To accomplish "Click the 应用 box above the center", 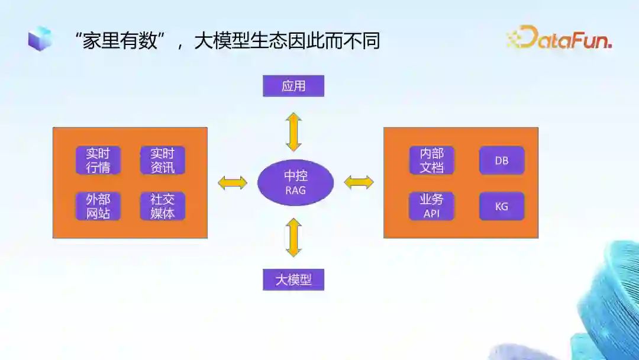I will click(x=293, y=86).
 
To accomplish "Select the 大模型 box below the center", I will click(x=293, y=279).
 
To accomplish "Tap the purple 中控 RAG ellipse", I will click(x=296, y=182).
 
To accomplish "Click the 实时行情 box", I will click(x=98, y=160).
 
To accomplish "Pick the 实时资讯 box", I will click(x=163, y=160).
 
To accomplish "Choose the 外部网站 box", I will click(x=98, y=206).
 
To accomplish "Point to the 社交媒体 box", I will click(x=163, y=206).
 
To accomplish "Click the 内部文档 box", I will click(x=432, y=160).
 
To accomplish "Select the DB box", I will click(x=502, y=160).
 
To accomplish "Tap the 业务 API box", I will click(x=432, y=206).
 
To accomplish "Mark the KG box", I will click(x=502, y=207).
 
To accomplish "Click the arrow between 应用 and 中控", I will click(x=294, y=131).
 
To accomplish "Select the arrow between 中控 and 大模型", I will click(x=294, y=237).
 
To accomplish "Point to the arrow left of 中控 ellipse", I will click(x=233, y=182).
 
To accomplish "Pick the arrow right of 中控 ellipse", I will click(x=359, y=182).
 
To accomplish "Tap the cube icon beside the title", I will click(x=40, y=38).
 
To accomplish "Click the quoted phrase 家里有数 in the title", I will click(x=121, y=41).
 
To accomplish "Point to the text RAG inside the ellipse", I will click(x=296, y=191).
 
